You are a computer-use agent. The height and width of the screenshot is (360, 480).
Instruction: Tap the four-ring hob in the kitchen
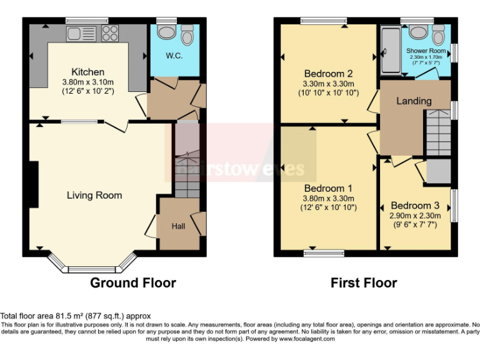109,32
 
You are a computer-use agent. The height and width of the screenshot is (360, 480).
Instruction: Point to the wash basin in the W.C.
166,32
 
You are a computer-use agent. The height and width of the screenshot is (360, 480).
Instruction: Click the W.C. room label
174,56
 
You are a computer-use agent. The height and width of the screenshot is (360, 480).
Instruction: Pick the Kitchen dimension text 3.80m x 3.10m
87,82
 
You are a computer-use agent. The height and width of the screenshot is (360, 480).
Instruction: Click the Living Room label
94,196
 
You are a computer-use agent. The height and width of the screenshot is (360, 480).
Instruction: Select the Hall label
179,226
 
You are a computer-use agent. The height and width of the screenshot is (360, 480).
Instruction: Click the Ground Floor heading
133,282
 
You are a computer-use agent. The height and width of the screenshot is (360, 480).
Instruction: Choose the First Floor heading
364,282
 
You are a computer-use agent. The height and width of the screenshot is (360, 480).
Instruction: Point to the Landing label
414,101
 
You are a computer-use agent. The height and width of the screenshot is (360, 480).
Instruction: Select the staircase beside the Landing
439,132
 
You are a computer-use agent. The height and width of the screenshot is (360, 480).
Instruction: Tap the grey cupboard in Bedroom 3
437,171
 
